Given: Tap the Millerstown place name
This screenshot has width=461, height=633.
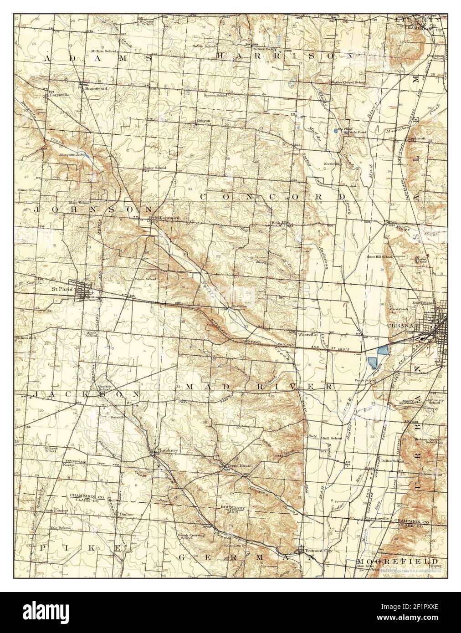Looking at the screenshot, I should coord(167,218).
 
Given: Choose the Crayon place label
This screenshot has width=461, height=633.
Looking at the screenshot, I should coord(203,121).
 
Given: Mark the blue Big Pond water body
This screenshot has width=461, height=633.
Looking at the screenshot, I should coord(336,131).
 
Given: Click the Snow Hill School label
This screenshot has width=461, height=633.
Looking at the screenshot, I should coord(380,257).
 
